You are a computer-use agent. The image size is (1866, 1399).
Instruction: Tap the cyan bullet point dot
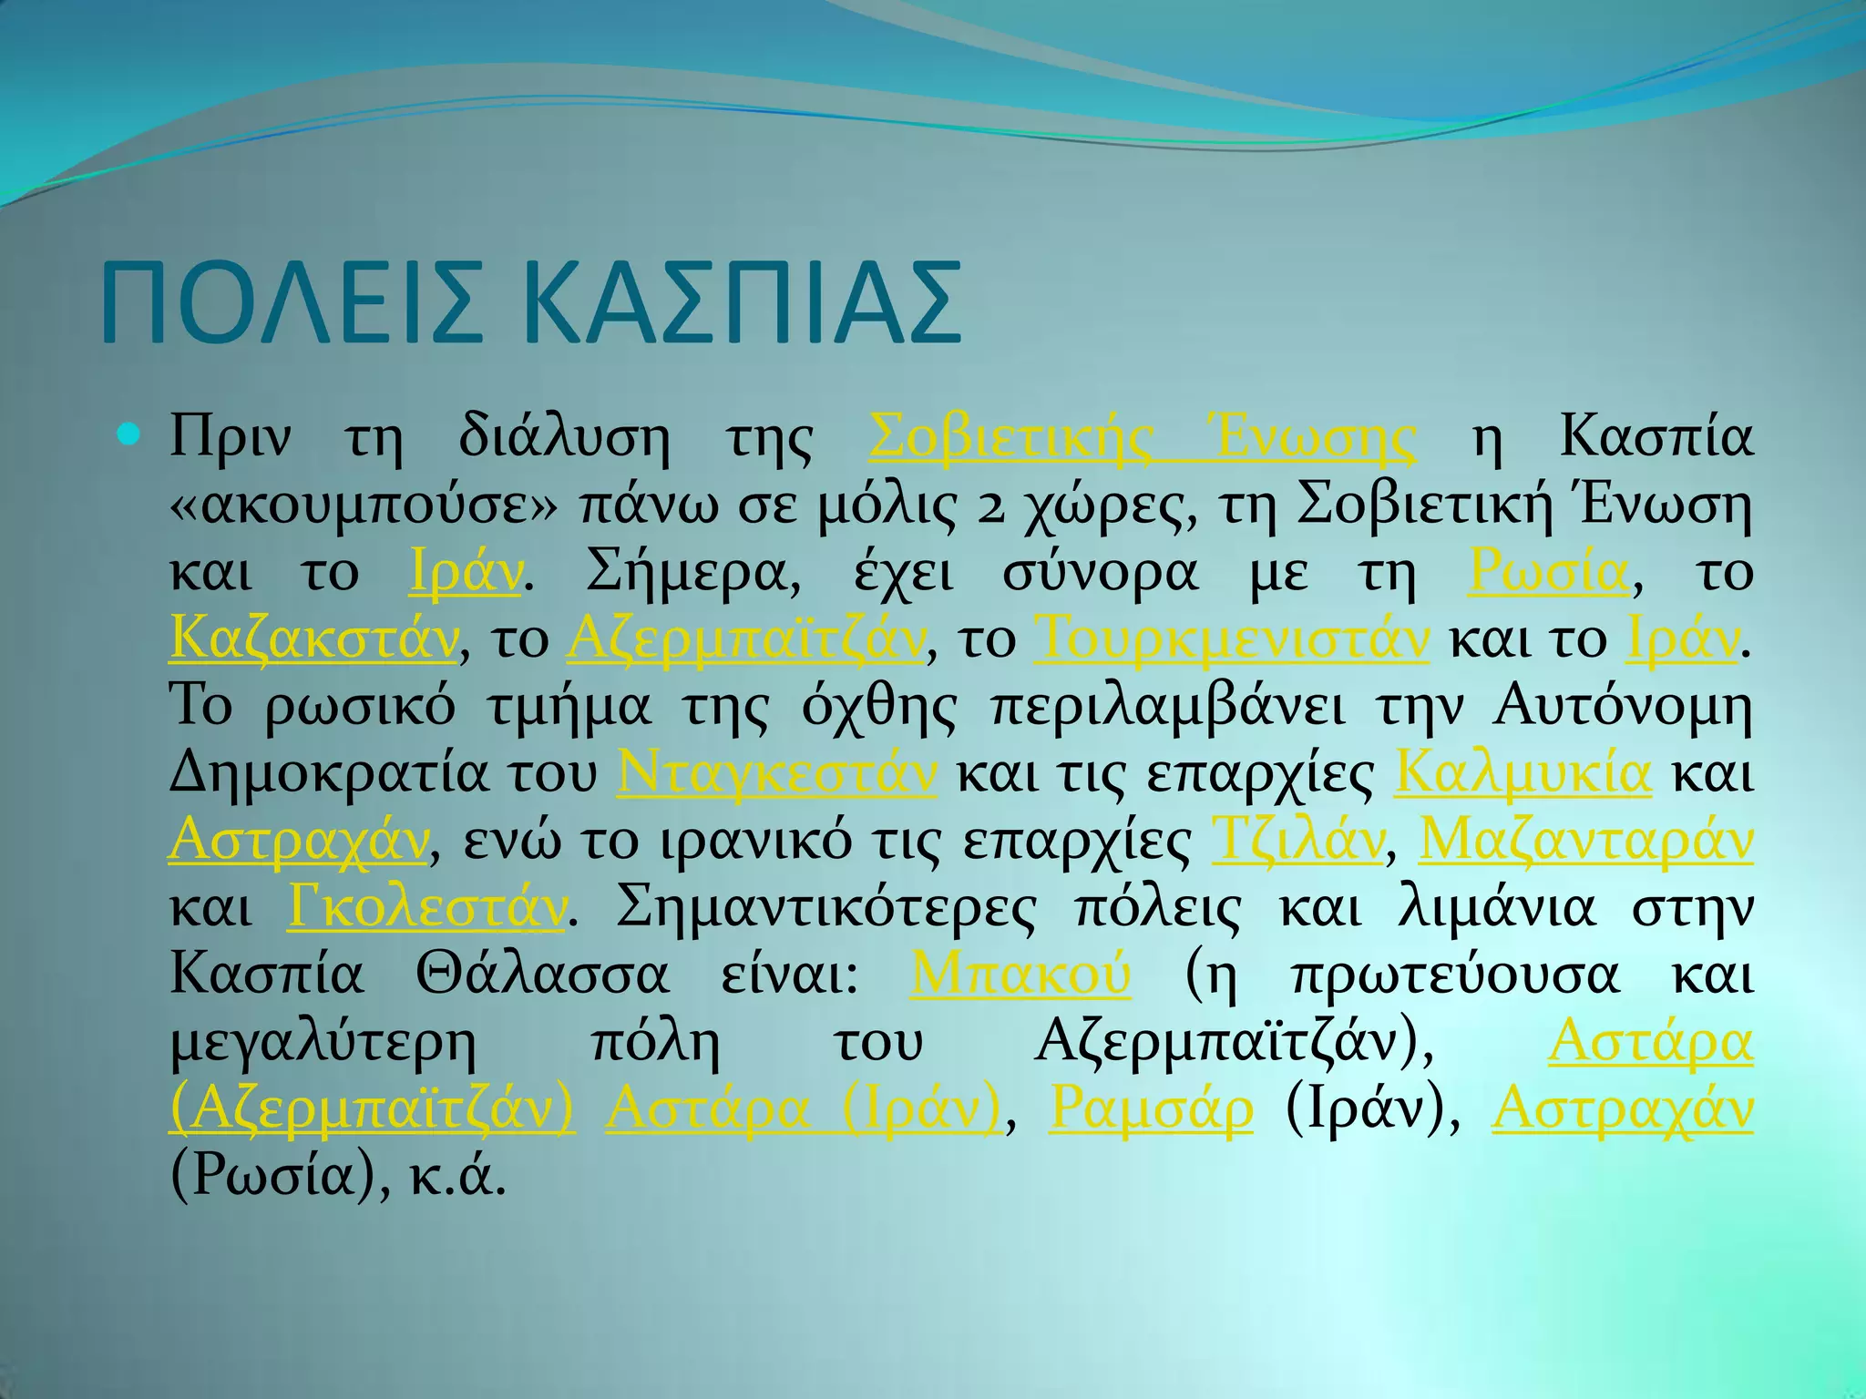tap(129, 435)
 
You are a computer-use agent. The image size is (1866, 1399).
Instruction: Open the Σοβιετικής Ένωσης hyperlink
tap(1143, 437)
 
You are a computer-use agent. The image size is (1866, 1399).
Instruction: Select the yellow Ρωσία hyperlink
tap(1548, 572)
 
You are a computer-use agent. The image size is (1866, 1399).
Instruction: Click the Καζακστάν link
tap(313, 638)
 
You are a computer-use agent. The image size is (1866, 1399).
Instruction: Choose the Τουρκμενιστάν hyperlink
tap(1233, 638)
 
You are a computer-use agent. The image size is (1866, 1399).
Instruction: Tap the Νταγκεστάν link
tap(776, 772)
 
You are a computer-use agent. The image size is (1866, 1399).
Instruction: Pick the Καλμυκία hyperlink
tap(1523, 772)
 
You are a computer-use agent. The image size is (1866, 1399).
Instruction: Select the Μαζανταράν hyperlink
tap(1586, 840)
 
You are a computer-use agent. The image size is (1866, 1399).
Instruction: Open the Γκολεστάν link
tap(426, 907)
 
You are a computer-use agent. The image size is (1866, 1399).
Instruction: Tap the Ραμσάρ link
tap(1151, 1109)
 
